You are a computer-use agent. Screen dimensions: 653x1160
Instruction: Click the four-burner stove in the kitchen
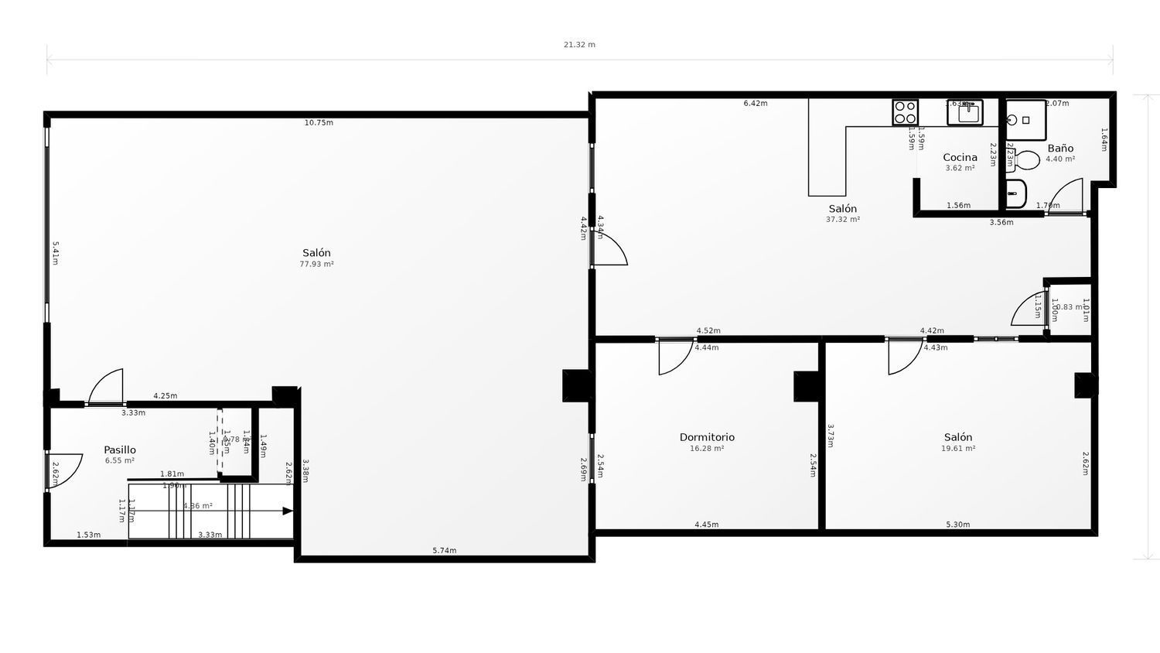(905, 113)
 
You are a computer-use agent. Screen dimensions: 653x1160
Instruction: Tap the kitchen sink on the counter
(965, 113)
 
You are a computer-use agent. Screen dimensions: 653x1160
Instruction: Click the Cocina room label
(960, 157)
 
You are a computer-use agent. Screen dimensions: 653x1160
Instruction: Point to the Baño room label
(1060, 148)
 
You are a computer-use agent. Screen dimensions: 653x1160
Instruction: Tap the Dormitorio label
(707, 437)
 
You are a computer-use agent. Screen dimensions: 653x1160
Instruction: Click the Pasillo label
(120, 450)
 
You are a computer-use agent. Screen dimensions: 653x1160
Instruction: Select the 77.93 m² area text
(316, 264)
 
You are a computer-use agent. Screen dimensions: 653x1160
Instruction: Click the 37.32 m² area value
(842, 220)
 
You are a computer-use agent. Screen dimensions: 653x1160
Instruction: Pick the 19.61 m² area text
(957, 448)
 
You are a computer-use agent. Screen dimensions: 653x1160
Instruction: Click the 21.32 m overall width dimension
(579, 45)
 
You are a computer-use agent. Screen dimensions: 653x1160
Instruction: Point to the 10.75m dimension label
(319, 123)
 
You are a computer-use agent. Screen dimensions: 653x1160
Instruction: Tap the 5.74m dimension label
(444, 551)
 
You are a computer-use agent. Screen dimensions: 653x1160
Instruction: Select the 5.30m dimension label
(957, 525)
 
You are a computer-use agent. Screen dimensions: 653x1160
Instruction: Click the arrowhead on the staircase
(288, 511)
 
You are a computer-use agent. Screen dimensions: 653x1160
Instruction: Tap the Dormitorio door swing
(674, 357)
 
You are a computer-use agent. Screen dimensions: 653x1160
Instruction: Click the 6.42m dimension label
(755, 104)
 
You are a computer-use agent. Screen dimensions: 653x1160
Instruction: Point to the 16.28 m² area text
(707, 448)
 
